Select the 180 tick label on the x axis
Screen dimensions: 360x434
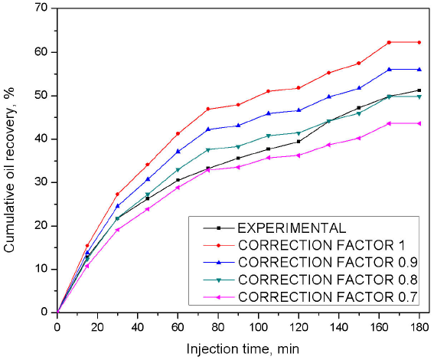point(419,325)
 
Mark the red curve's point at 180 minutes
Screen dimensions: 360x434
point(419,42)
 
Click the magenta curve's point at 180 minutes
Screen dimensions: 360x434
point(419,123)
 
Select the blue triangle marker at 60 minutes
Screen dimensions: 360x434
point(178,151)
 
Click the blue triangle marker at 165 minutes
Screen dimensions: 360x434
point(389,69)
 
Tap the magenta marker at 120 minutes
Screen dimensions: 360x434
point(299,155)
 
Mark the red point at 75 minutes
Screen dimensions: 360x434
point(208,109)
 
